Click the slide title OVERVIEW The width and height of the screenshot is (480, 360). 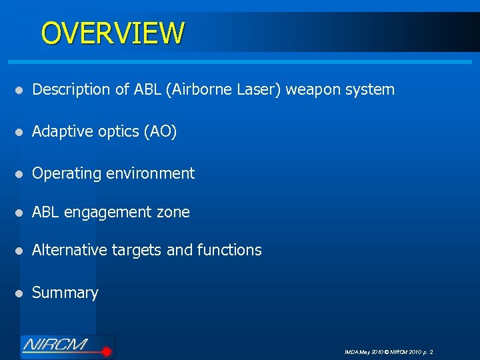pyautogui.click(x=112, y=33)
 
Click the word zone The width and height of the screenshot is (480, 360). pyautogui.click(x=174, y=213)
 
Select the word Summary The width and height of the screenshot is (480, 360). pyautogui.click(x=65, y=293)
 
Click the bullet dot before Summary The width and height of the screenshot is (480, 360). pyautogui.click(x=21, y=293)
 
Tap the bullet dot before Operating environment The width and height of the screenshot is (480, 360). pyautogui.click(x=21, y=174)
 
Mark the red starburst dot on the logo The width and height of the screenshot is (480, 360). pyautogui.click(x=105, y=347)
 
